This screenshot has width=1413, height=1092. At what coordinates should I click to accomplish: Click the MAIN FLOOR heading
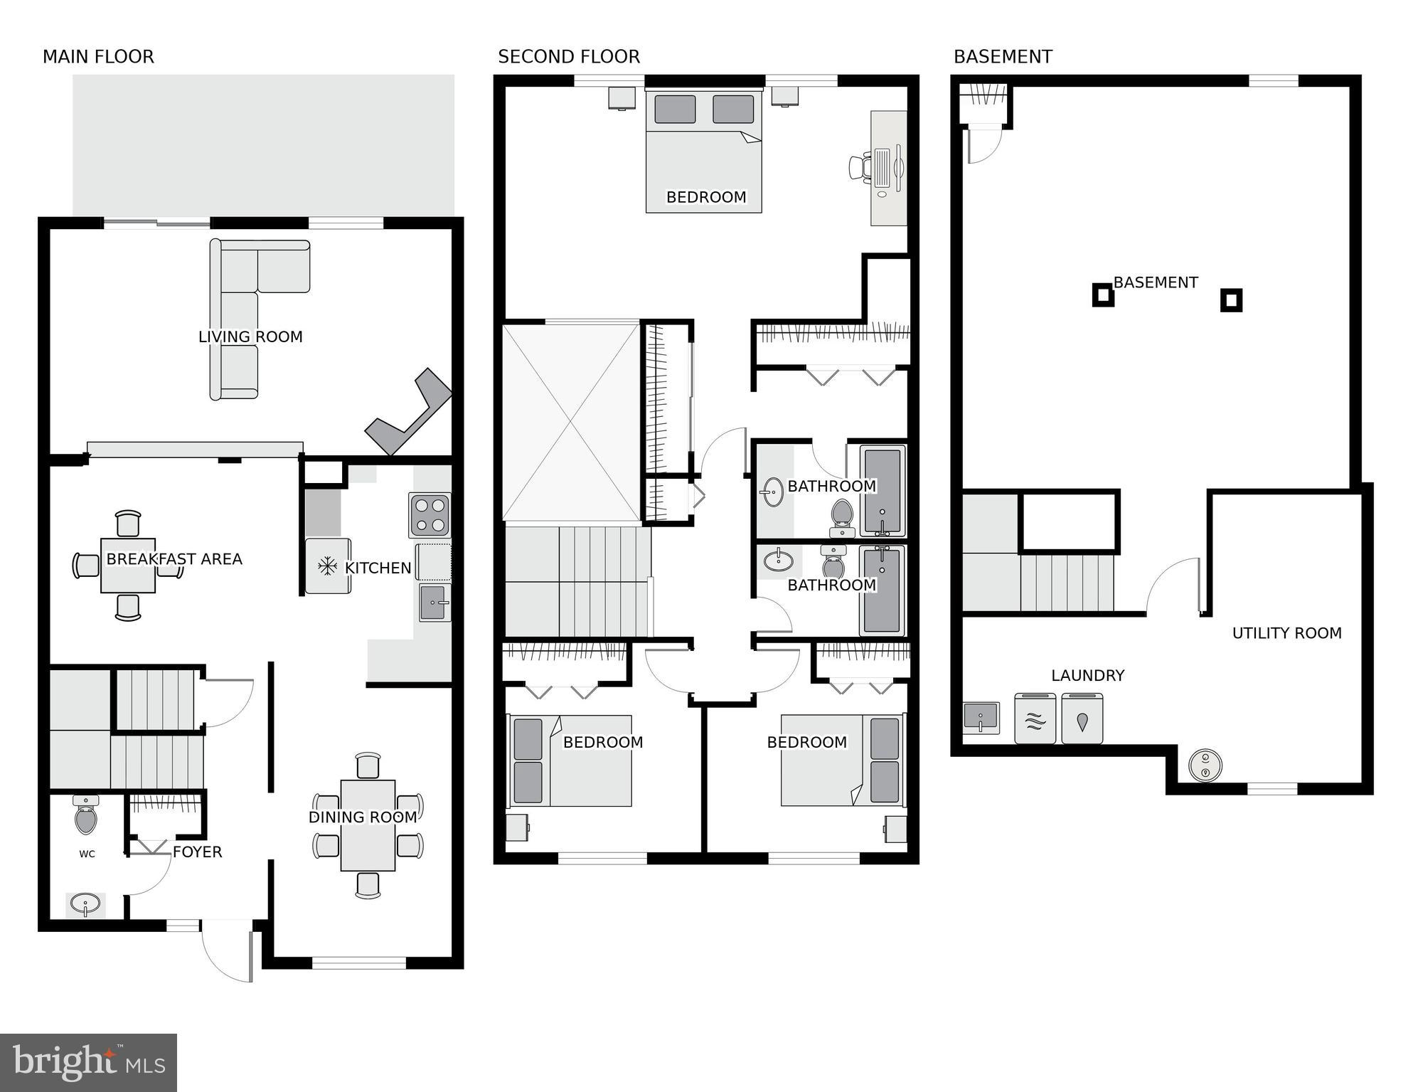pos(98,57)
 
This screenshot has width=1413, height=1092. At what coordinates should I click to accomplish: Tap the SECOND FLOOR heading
pos(568,57)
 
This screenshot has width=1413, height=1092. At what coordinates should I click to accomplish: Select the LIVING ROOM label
pos(250,336)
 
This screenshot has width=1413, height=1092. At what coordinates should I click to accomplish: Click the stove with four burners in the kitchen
pos(430,515)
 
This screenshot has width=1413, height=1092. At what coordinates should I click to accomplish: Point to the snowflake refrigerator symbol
pos(327,566)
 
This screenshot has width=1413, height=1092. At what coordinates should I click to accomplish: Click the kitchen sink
pos(434,603)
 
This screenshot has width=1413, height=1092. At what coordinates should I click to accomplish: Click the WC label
pos(87,854)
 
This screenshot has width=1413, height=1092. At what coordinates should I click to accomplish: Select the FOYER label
pos(197,852)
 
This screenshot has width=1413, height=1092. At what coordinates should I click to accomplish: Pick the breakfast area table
pos(128,565)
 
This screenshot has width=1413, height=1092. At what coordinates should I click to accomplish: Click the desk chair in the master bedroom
pos(860,167)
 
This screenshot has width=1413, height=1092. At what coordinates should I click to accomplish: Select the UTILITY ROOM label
pos(1286,632)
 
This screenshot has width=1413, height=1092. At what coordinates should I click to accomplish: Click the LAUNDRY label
pos(1087,675)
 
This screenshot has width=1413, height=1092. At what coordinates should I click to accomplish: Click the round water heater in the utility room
pos(1205,765)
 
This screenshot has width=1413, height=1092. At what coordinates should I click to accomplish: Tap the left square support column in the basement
pos(1102,295)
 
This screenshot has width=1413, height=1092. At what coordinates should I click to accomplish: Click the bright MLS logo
pos(88,1063)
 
